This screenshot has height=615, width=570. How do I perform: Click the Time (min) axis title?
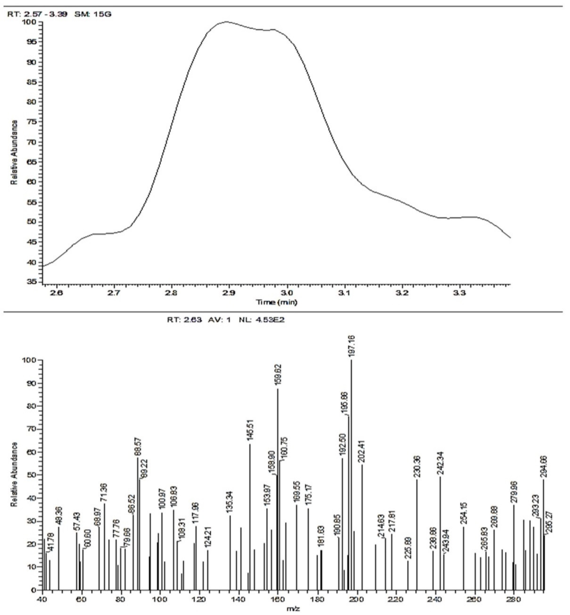pos(277,302)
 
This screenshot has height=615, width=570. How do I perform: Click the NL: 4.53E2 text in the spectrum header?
pos(262,320)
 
